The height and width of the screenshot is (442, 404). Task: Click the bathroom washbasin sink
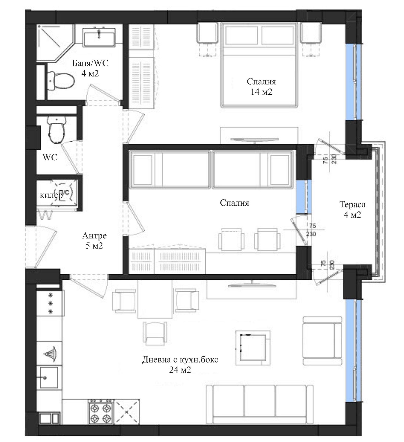click(99, 37)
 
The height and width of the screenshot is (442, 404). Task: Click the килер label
click(51, 195)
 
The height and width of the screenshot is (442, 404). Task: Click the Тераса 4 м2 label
click(352, 209)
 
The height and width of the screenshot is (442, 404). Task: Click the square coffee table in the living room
click(253, 348)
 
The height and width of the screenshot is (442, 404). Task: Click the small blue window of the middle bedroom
click(301, 196)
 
